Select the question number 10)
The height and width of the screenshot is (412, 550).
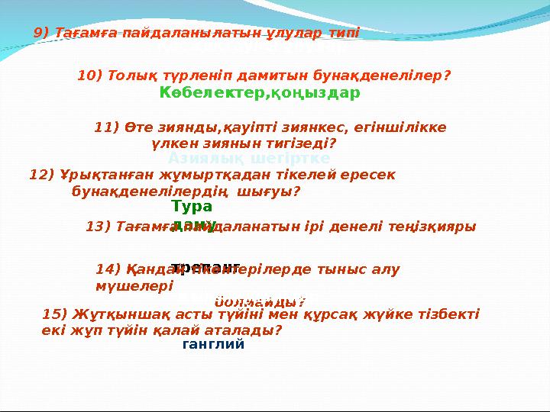91,76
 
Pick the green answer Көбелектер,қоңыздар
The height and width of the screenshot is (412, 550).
260,93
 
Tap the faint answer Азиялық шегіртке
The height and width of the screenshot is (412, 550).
249,158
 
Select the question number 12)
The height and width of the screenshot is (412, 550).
41,174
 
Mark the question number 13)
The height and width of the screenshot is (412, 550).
99,226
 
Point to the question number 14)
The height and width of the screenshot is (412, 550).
109,269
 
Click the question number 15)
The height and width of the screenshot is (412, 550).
56,314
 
